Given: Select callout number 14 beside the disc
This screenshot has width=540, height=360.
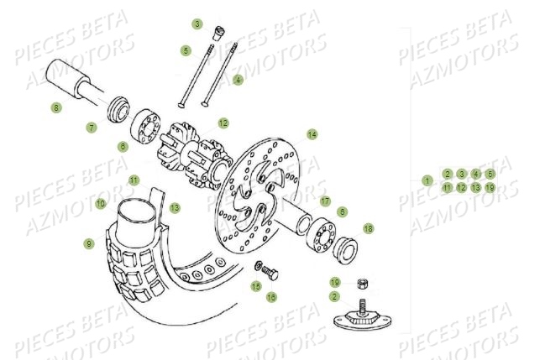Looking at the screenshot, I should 312,134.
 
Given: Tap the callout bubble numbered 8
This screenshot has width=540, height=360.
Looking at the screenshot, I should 56,107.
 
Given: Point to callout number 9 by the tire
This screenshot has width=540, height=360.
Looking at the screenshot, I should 88,243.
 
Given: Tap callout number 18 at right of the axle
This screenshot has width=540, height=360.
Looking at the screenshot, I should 368,228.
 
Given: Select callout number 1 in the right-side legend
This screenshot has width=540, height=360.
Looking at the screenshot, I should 427,180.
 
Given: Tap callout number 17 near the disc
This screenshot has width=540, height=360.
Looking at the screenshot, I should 324,201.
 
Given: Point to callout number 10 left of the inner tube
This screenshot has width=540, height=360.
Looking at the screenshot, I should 100,203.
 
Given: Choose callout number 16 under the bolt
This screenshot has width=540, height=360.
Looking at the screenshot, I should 271,296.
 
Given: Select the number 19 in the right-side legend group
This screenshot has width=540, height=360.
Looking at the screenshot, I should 490,188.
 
